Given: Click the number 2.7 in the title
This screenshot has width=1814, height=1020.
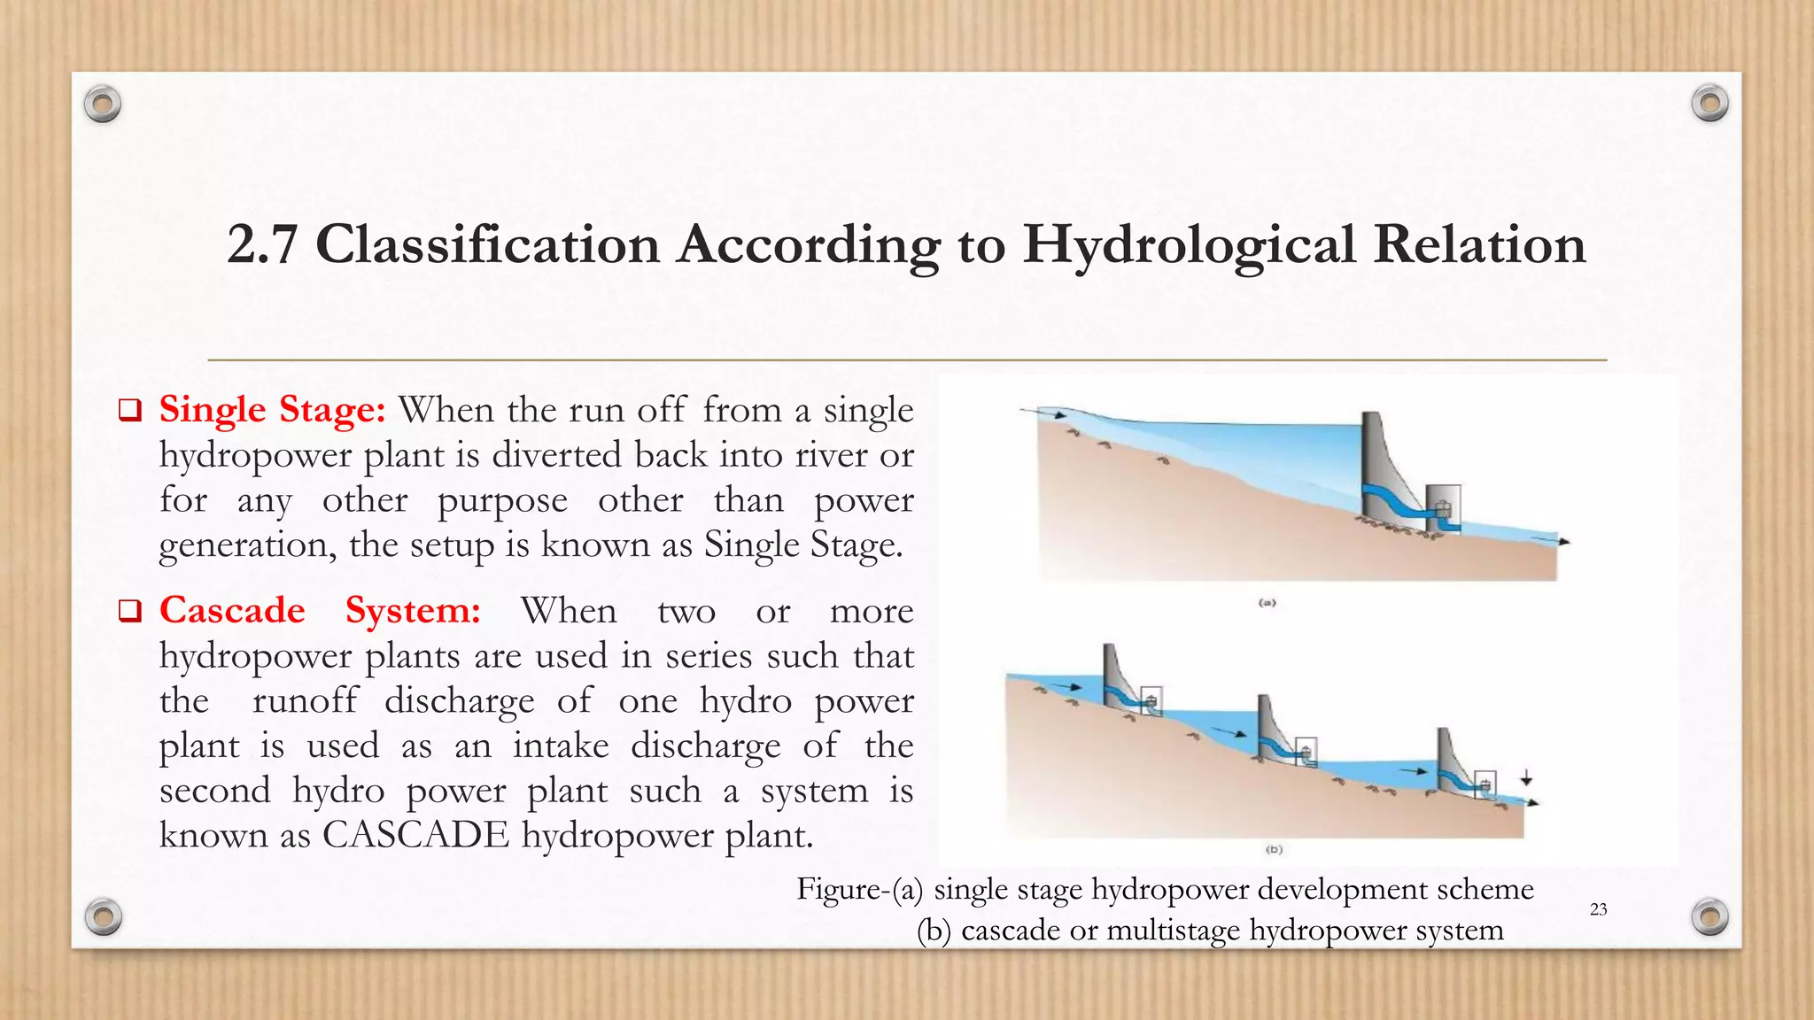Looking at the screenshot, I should click(261, 244).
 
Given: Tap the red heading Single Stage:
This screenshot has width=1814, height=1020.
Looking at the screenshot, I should click(272, 410).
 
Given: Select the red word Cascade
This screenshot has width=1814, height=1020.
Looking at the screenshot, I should click(232, 611).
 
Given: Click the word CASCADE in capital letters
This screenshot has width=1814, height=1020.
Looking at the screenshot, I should click(415, 835).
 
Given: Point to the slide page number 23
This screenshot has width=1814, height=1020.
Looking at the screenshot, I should click(1598, 909).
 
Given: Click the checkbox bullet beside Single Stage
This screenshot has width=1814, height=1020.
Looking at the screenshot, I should click(130, 411).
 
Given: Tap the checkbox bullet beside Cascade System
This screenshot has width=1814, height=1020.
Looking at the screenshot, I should click(130, 612).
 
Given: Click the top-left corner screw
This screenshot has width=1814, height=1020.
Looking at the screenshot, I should click(103, 104).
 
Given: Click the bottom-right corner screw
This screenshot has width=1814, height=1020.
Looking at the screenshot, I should click(1709, 916).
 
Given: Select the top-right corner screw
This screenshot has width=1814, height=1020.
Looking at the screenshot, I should click(1709, 104).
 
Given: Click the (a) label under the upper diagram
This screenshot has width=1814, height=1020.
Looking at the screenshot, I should click(1267, 603).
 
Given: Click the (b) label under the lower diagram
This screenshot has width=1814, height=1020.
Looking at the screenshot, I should click(1274, 849).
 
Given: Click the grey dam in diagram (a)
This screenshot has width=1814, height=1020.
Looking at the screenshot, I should click(1376, 469).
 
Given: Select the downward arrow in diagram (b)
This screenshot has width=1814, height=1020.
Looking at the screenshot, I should click(1526, 779).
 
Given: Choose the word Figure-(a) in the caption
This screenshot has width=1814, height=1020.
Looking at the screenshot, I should click(859, 889).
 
